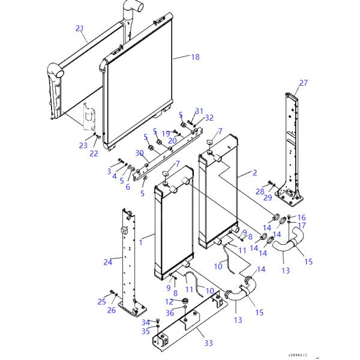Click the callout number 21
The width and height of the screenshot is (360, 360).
point(80,28)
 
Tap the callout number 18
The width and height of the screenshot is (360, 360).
point(195,57)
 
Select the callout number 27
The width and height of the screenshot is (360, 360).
point(304,83)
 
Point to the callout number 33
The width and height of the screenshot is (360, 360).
point(208,343)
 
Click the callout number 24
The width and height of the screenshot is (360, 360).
point(108,262)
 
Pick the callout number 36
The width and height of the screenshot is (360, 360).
point(170,312)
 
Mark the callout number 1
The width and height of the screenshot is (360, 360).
point(142,243)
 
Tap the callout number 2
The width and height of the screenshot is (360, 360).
point(254,173)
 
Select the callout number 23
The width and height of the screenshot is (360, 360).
point(83,145)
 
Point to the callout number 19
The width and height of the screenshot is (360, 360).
point(165,133)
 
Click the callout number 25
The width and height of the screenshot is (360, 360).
point(101,301)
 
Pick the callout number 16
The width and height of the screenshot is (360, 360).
point(302,217)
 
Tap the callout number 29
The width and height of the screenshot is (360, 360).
point(268,197)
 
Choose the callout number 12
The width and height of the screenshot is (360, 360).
point(169,301)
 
